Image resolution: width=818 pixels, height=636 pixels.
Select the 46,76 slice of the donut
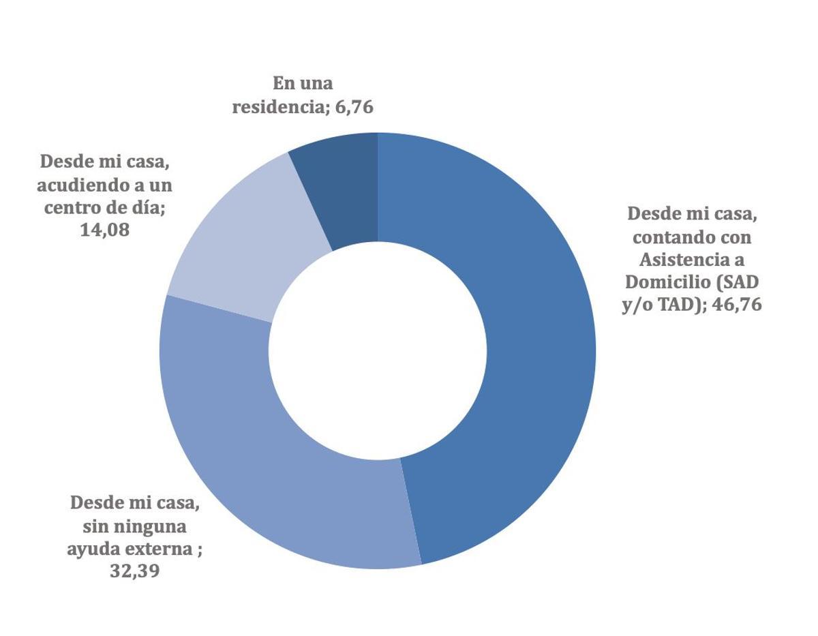click(x=518, y=354)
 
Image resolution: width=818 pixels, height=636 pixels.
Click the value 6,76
click(x=354, y=107)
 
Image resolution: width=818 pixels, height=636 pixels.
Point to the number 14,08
click(x=105, y=230)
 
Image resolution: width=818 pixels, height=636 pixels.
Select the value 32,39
click(x=134, y=571)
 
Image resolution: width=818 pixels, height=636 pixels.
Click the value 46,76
click(x=737, y=305)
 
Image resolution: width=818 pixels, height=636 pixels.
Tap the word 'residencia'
click(x=276, y=107)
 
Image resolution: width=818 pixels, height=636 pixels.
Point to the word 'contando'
click(x=671, y=237)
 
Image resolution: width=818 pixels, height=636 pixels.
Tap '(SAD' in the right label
click(x=739, y=282)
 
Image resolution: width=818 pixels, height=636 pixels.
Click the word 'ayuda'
click(x=93, y=549)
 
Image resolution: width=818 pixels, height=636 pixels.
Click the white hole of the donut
click(x=378, y=351)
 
